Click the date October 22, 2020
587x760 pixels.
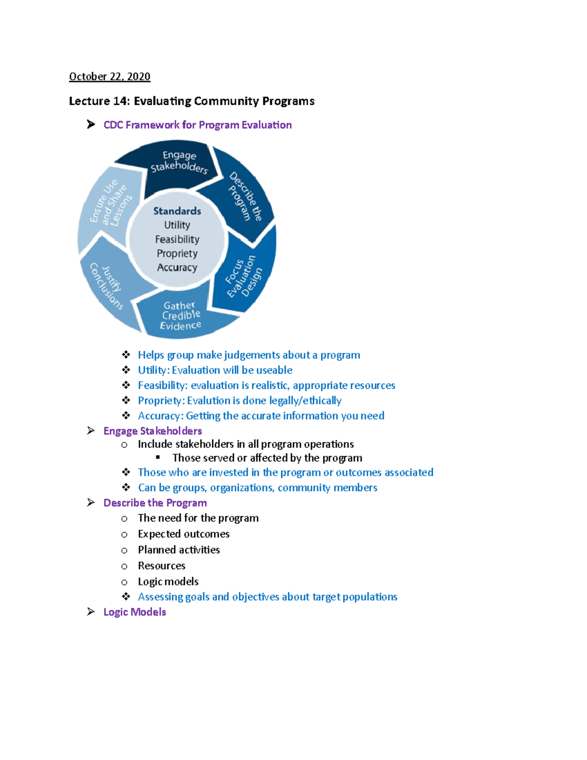point(110,76)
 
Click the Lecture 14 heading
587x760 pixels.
point(191,101)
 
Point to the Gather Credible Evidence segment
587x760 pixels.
point(181,316)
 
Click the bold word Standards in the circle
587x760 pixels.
point(177,211)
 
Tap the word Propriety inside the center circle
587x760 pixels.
point(177,253)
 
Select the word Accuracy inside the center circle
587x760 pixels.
point(177,268)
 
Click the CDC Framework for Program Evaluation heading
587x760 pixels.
point(198,125)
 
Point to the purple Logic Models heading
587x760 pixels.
point(135,612)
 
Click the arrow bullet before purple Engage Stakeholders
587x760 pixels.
point(91,431)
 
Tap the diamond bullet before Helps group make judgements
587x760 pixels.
point(126,355)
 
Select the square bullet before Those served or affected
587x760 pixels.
point(158,458)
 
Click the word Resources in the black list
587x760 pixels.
point(161,566)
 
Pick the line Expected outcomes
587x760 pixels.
point(183,534)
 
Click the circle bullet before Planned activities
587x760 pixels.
point(124,550)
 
